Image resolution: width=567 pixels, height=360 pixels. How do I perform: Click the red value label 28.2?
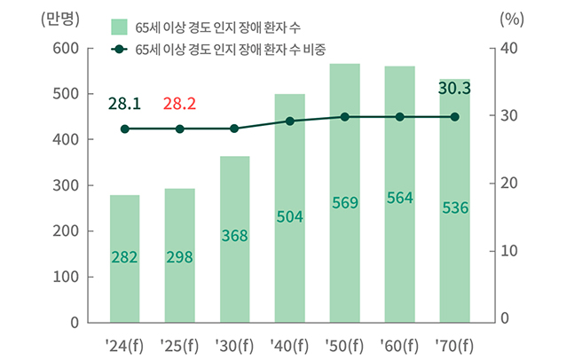click(x=179, y=105)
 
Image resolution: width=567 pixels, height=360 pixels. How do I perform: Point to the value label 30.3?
click(x=454, y=89)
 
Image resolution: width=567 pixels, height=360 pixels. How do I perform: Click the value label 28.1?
click(x=124, y=105)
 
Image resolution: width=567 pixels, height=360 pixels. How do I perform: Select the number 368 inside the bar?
click(x=234, y=236)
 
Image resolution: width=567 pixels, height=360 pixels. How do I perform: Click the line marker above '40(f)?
click(x=289, y=121)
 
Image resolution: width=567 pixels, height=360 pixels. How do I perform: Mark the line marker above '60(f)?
click(x=399, y=117)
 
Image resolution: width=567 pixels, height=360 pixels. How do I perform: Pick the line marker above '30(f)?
click(x=234, y=129)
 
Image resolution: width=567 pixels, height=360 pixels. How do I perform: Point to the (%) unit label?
click(x=512, y=17)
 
